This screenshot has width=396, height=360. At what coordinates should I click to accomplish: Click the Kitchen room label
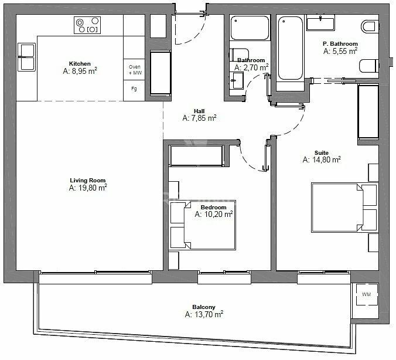click(80, 63)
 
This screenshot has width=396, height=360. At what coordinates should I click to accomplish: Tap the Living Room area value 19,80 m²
click(88, 188)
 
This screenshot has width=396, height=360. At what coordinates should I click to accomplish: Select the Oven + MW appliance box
click(134, 70)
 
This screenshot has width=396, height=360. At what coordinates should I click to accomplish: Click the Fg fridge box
click(134, 91)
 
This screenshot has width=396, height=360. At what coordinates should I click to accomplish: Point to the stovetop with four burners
click(87, 25)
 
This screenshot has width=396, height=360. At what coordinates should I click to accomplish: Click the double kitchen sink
click(26, 57)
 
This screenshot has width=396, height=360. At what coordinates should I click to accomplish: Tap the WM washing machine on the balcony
click(367, 294)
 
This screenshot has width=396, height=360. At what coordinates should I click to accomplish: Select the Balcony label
click(204, 307)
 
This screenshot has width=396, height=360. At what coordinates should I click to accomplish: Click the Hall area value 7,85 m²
click(200, 118)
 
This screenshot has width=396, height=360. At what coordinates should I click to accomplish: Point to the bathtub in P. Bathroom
click(290, 48)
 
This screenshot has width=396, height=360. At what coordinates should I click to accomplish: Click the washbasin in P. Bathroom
click(321, 22)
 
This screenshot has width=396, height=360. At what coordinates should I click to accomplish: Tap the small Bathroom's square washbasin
click(237, 80)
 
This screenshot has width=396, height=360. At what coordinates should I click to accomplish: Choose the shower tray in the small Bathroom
click(250, 28)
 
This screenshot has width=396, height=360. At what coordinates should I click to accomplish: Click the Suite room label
click(322, 152)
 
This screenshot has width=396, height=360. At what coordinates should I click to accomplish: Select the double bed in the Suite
click(344, 208)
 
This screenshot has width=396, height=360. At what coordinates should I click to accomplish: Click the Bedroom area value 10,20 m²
click(214, 214)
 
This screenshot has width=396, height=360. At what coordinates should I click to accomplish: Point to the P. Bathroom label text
click(340, 43)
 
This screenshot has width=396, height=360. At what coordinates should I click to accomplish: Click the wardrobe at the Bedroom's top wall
click(196, 156)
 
